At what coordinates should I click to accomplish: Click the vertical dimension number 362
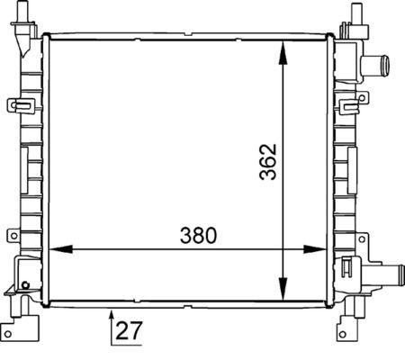[268, 161]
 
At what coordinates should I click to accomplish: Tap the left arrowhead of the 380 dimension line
[57, 249]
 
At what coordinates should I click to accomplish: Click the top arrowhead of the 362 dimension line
[285, 47]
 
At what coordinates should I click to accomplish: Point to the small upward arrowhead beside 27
[111, 313]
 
